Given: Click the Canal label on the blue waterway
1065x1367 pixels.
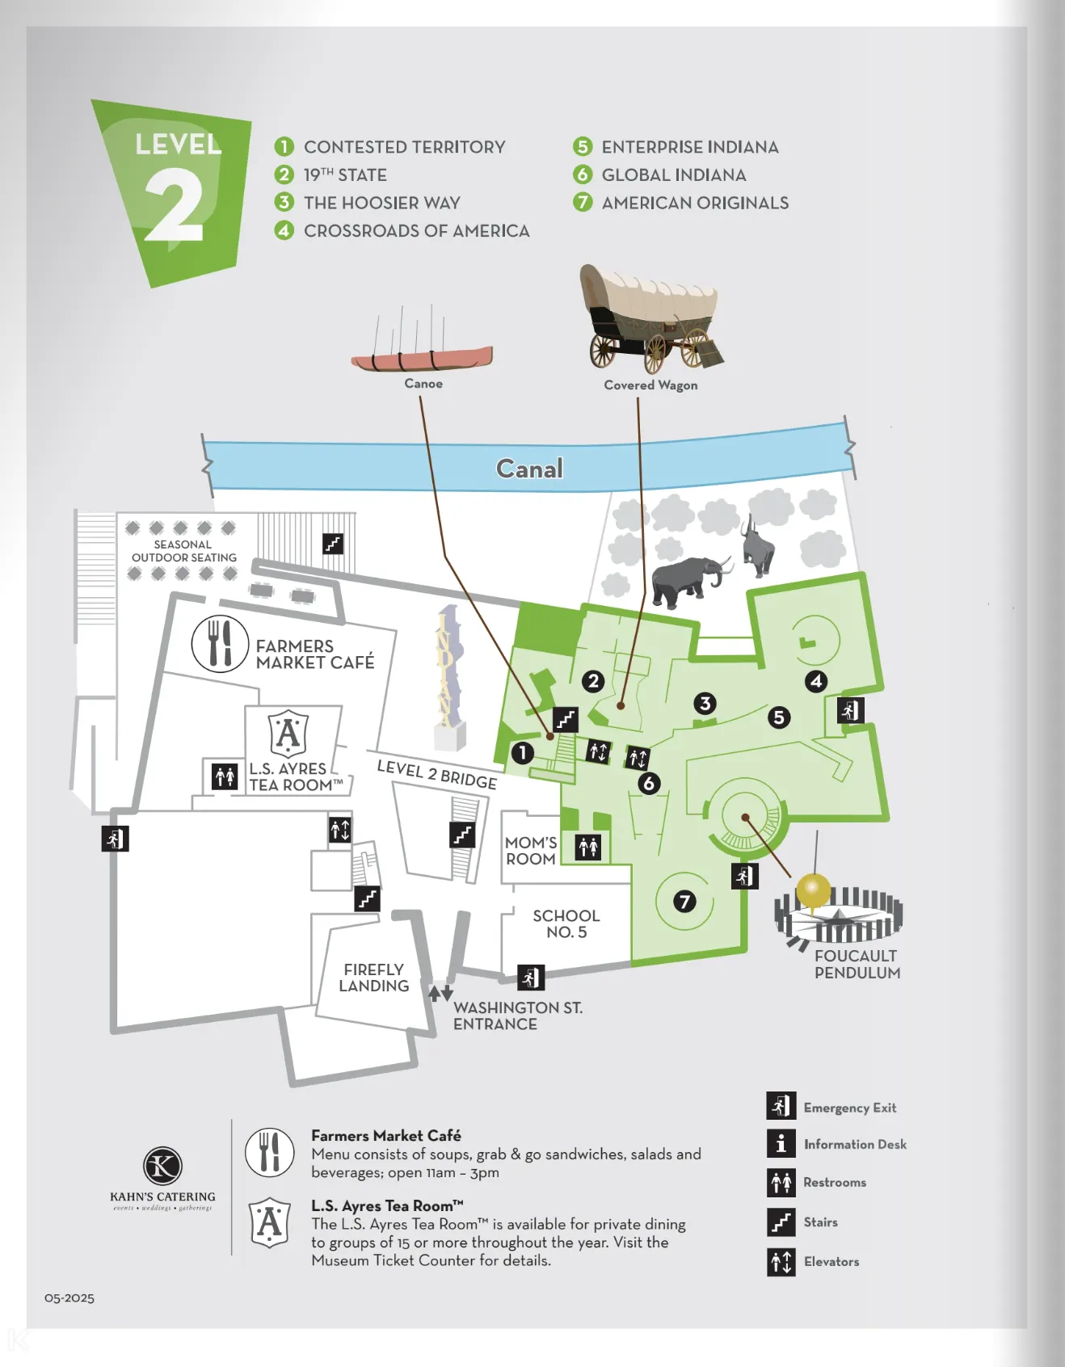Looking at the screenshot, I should (529, 469).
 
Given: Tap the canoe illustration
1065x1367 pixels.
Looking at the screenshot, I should (422, 356).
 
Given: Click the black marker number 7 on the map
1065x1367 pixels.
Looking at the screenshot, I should (684, 901).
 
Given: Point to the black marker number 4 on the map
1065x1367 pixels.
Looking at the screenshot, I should (816, 681).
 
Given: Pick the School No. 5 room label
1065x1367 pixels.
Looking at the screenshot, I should (566, 923).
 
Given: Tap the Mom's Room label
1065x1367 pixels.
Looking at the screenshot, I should (531, 851).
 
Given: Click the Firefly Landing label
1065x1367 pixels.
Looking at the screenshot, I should (374, 978).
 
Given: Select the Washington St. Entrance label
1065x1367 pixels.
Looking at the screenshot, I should (517, 1016).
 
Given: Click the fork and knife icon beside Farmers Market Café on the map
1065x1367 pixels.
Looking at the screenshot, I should (220, 644).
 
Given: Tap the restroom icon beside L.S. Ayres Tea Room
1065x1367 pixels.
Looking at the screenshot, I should (225, 776).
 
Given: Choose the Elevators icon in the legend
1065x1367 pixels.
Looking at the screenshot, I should (781, 1261).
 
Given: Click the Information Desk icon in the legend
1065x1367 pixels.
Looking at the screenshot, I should (781, 1143).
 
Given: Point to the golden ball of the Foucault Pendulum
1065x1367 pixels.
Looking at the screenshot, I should (813, 890).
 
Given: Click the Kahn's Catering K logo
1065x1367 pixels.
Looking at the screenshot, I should (162, 1166).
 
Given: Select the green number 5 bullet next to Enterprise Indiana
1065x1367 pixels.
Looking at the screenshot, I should (583, 147).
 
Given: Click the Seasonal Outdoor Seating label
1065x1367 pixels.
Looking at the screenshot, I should (183, 551).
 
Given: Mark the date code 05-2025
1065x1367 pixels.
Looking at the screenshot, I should (69, 1298).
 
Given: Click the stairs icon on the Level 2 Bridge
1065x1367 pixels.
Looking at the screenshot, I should (462, 835).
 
